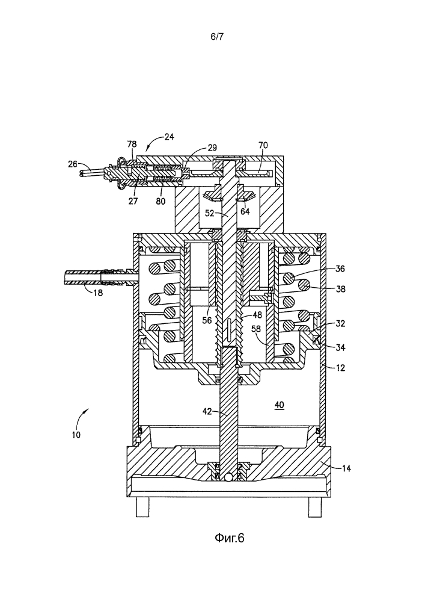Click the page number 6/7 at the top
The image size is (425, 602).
[217, 37]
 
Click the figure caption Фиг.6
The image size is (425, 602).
[229, 538]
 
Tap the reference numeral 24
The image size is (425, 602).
[170, 136]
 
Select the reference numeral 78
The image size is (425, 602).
[132, 144]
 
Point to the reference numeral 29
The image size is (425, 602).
[212, 147]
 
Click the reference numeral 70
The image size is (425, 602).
[263, 145]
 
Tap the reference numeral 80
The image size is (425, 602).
[161, 200]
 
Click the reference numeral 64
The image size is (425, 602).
[245, 211]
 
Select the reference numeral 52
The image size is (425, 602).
[209, 213]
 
